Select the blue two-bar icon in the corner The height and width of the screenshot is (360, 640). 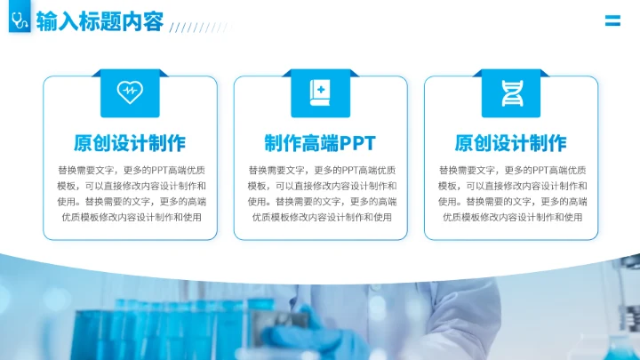point(612,21)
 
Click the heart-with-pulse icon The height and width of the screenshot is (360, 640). point(130,91)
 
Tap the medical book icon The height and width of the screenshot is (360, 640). point(320,91)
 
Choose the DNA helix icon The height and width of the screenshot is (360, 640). point(510,91)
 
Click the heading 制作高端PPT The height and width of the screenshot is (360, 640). point(320,143)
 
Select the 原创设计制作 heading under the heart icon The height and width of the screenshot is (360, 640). point(130,143)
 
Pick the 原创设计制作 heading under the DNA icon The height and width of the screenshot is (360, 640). point(510,143)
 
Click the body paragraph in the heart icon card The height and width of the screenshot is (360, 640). point(130,193)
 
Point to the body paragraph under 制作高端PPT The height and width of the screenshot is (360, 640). point(320,193)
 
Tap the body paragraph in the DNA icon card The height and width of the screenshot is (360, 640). point(510,193)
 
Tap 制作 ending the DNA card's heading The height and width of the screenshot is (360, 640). point(548,143)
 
